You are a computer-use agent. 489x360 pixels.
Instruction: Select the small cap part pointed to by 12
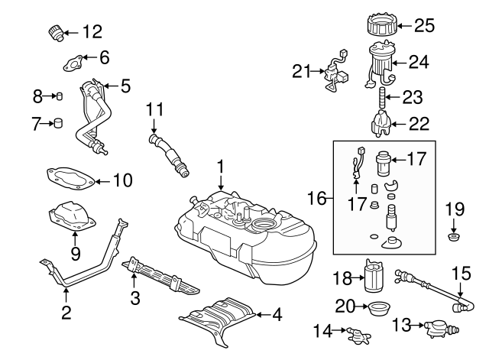(56, 33)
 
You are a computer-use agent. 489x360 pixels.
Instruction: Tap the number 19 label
(455, 207)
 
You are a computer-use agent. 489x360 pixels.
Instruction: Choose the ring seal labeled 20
(377, 310)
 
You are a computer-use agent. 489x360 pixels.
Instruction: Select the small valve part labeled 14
(355, 333)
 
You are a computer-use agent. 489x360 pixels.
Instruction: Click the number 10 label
(122, 181)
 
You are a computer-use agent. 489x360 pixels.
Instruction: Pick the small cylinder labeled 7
(57, 123)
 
